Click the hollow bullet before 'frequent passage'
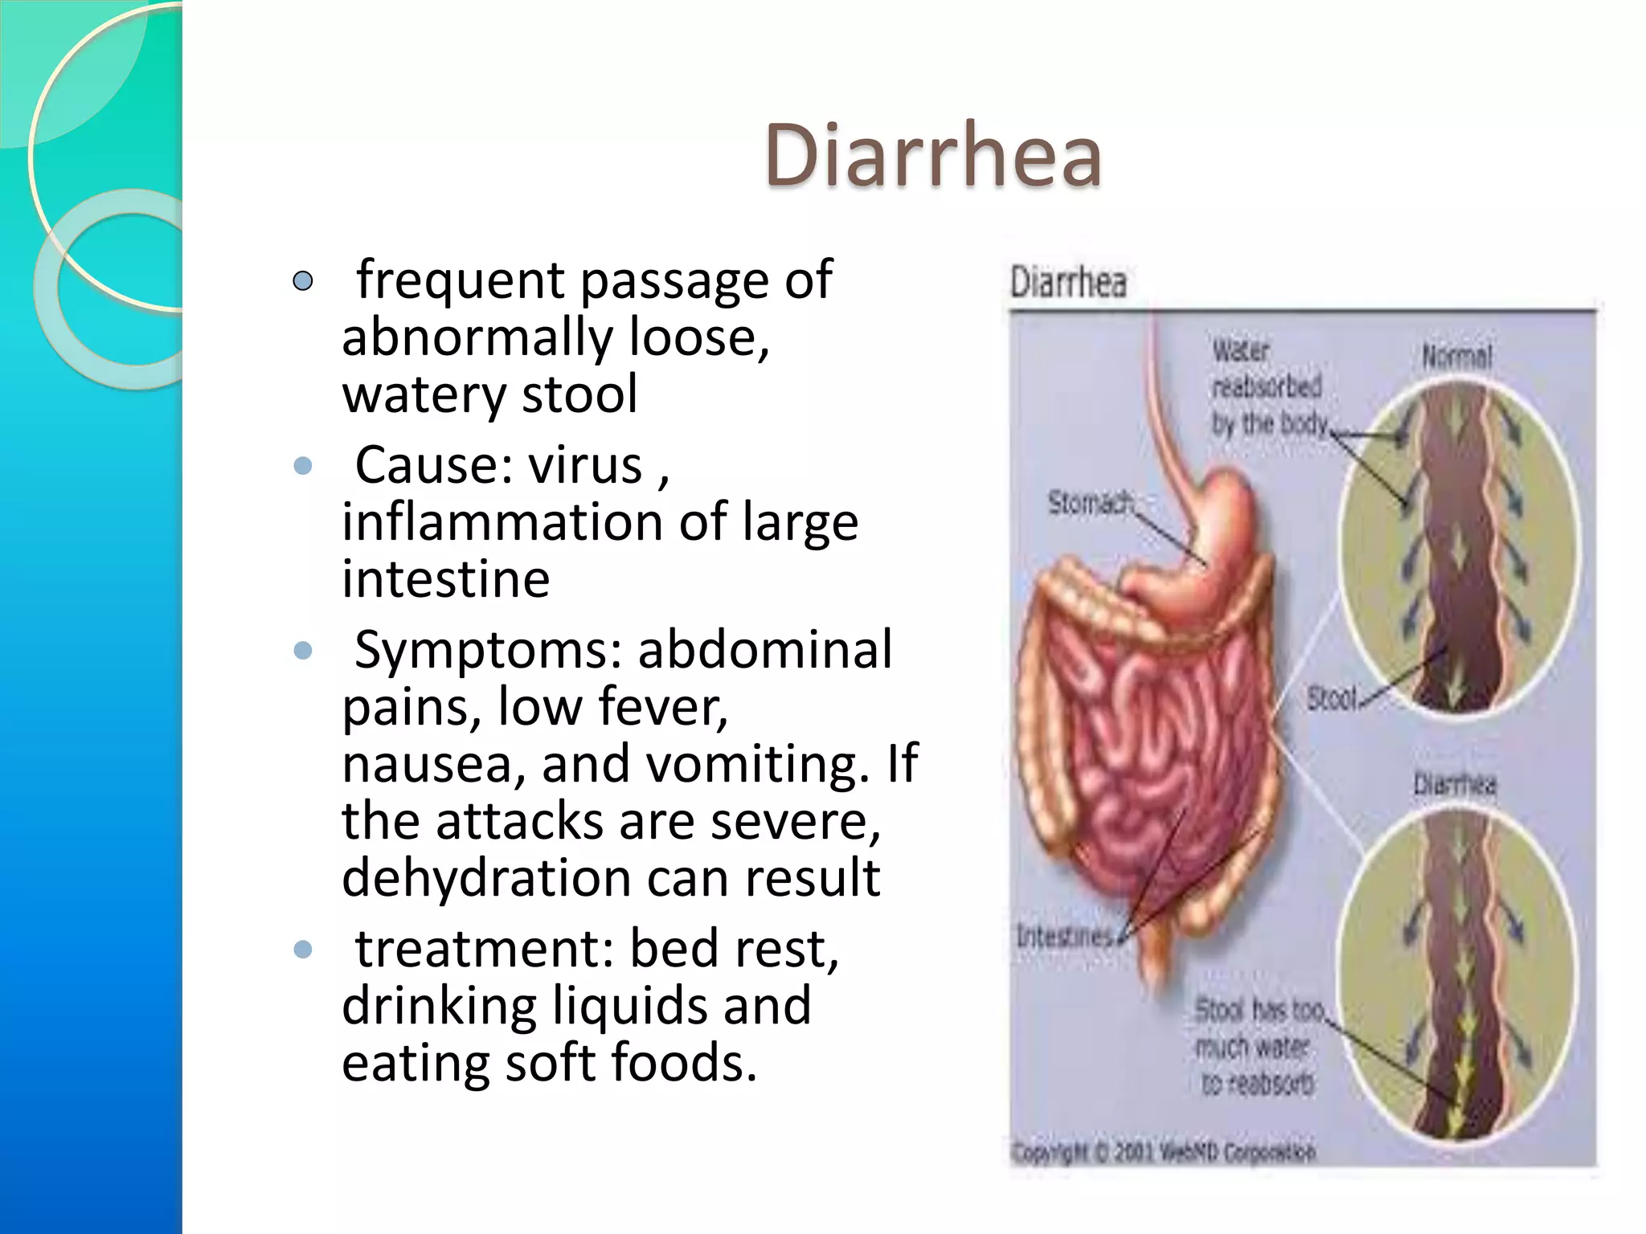[303, 281]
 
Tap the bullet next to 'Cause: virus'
[303, 466]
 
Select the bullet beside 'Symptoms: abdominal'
[303, 650]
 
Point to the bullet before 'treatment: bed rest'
[303, 950]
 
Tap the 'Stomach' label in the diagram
[1090, 503]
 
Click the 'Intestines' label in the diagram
[1065, 936]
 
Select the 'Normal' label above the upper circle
[1456, 356]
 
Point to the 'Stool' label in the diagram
[1331, 698]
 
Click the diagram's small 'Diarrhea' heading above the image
[1068, 283]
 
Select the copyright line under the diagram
[1164, 1152]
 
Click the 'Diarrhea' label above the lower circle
[1455, 783]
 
